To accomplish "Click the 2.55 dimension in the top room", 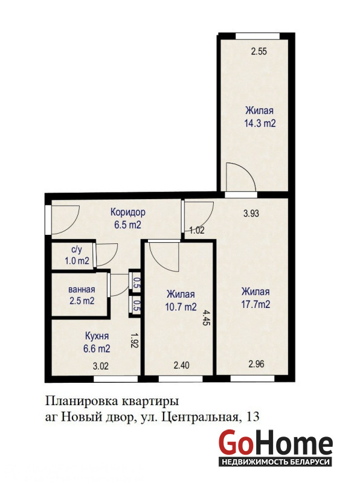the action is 259,51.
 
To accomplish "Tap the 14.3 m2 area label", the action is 260,123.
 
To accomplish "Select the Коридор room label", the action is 128,213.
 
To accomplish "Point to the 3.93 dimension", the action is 251,213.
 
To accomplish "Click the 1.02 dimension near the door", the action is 197,230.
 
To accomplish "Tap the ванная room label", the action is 82,290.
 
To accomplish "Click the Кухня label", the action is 97,336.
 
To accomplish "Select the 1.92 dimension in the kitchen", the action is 134,340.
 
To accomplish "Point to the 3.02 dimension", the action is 101,366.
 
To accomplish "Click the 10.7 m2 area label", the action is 181,307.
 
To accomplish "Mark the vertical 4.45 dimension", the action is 205,318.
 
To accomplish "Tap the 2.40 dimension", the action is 182,366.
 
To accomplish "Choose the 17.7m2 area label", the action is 256,304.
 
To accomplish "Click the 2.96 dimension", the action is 257,364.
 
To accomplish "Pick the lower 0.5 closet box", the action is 135,306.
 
